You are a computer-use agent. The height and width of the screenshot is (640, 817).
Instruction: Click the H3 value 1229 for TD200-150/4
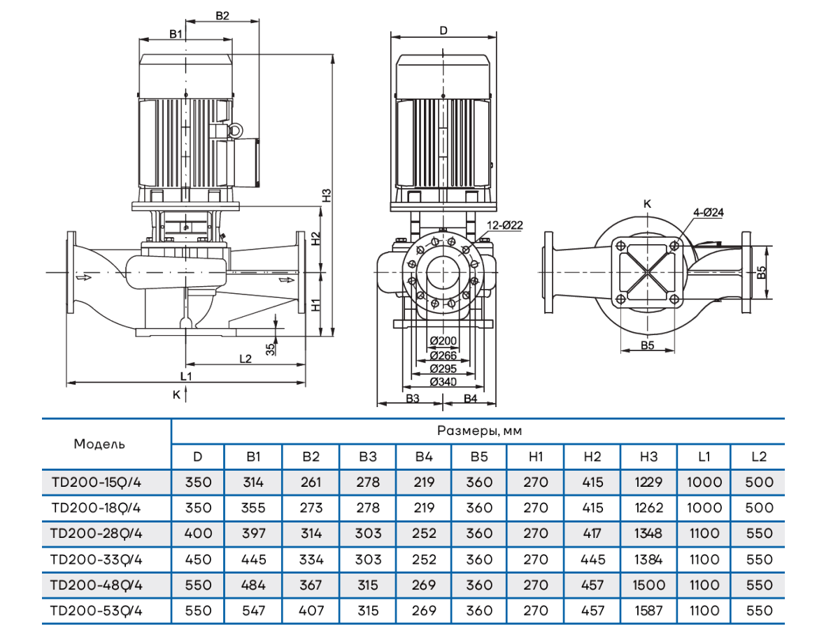click(x=648, y=482)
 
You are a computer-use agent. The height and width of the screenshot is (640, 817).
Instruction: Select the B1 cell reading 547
click(x=253, y=611)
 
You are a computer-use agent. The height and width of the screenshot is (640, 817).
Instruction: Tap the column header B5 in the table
click(x=479, y=457)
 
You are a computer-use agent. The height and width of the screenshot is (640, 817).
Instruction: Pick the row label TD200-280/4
click(x=97, y=534)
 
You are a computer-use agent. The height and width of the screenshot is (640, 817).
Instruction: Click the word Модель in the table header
click(x=100, y=443)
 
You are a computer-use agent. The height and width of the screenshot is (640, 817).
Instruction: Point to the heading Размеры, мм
click(x=479, y=431)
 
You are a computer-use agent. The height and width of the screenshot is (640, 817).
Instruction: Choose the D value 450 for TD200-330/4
click(x=198, y=560)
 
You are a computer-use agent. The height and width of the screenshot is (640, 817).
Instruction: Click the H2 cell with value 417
click(x=592, y=534)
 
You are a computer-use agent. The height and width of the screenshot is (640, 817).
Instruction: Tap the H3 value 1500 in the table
click(x=648, y=585)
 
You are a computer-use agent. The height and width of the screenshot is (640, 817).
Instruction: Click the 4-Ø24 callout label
click(x=709, y=211)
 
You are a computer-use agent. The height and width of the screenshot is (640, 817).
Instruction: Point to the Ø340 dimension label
click(x=443, y=381)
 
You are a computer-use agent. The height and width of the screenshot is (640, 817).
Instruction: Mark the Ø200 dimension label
click(x=443, y=341)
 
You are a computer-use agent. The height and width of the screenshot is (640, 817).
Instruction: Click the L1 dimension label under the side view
click(x=186, y=376)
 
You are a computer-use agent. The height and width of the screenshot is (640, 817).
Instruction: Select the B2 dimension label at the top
click(x=222, y=15)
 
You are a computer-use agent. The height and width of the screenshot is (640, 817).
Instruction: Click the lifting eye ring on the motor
click(x=236, y=130)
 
